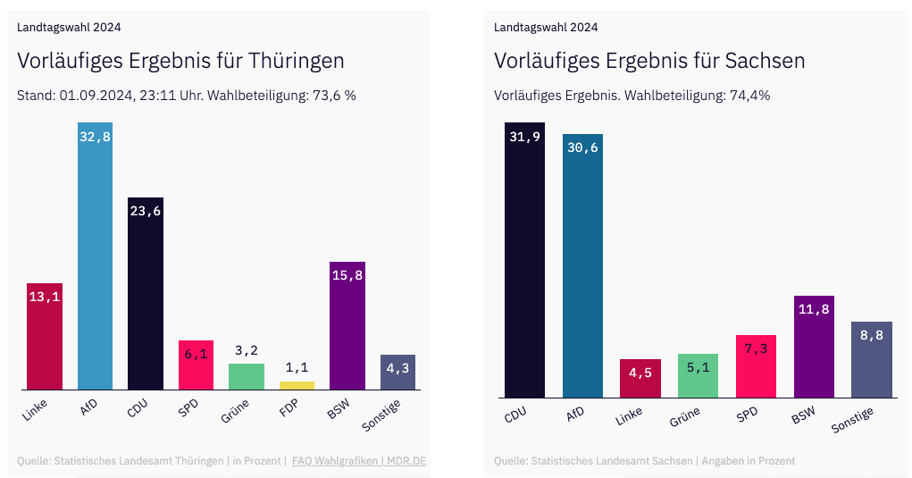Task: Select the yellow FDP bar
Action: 297,385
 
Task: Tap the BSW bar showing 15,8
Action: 347,331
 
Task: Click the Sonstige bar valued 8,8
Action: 871,362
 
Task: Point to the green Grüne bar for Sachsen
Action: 698,376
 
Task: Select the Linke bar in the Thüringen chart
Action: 45,340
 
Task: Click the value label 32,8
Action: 95,137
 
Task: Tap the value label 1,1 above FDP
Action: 297,367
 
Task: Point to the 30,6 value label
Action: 582,148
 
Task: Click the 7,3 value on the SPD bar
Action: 756,349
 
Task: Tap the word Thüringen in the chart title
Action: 296,61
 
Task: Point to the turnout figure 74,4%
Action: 749,96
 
